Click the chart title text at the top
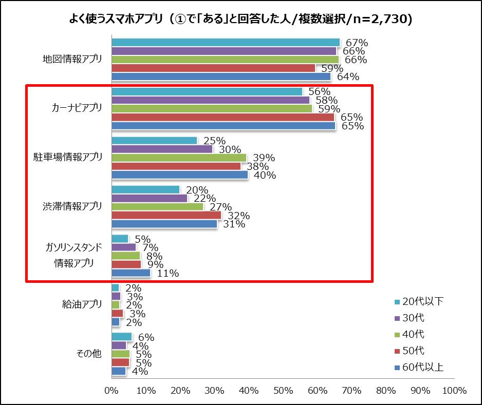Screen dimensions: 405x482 tap(241, 19)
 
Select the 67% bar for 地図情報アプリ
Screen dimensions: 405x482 tap(226, 43)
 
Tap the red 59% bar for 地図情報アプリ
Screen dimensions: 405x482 tap(213, 68)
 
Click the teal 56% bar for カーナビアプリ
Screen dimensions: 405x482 tap(207, 92)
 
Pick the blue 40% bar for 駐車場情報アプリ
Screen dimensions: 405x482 tap(180, 175)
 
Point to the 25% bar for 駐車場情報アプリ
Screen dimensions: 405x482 tap(154, 141)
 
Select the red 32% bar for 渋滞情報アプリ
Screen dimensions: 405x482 tap(166, 215)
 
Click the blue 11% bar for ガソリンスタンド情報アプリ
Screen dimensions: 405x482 tap(131, 273)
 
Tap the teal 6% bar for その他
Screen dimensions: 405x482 tap(122, 337)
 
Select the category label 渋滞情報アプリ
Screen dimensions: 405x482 tap(72, 206)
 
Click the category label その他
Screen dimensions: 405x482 tap(89, 354)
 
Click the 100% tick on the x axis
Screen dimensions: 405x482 tap(454, 391)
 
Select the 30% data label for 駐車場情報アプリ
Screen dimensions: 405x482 tap(230, 149)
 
